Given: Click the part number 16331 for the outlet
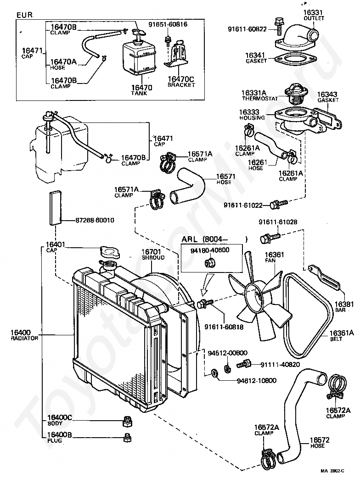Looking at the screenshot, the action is tap(313, 12).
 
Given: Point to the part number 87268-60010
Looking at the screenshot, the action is tap(95, 220).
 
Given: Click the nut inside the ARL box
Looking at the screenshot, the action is tap(208, 263).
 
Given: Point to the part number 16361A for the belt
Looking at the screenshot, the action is tap(342, 333).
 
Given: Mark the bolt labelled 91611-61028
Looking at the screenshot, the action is tap(270, 238).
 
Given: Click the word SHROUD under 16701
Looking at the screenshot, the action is tap(153, 258).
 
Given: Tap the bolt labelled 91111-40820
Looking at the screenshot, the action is tap(244, 364).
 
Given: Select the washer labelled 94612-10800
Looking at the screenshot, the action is tap(214, 373).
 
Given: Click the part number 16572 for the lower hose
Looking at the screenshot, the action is tap(320, 440).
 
